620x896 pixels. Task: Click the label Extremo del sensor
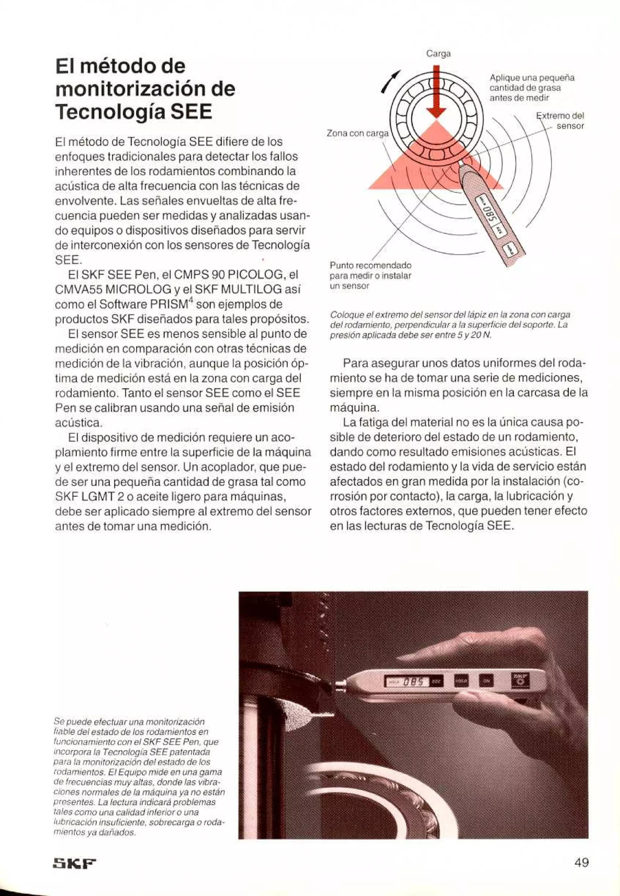(x=561, y=121)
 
